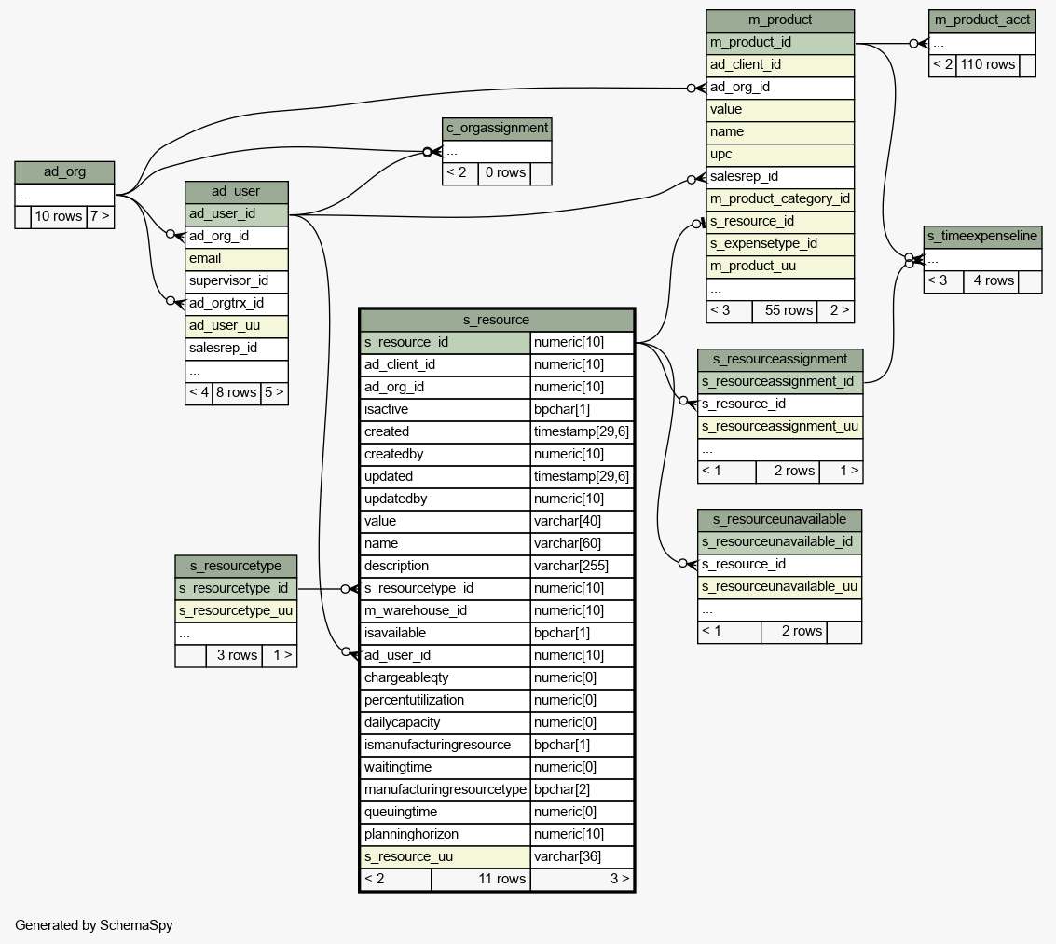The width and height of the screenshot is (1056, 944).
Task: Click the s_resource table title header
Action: (496, 320)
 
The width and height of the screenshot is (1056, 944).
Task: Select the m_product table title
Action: (780, 20)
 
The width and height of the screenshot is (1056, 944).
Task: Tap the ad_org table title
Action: (64, 172)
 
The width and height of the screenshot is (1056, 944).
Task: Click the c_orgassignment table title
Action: (497, 129)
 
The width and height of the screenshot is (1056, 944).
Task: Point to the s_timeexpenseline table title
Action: (981, 236)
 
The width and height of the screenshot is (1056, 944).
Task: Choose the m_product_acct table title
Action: (981, 20)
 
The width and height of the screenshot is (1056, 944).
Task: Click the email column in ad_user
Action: (237, 258)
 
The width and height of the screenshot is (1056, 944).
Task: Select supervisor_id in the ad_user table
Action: (237, 280)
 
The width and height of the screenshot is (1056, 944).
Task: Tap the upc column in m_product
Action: (780, 154)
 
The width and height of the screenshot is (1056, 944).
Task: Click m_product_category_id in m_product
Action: (780, 198)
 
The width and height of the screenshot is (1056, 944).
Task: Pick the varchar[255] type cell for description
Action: (582, 566)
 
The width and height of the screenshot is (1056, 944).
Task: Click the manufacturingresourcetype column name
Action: (446, 789)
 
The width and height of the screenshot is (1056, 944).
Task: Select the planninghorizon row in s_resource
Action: (446, 834)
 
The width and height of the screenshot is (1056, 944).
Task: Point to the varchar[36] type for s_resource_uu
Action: (582, 856)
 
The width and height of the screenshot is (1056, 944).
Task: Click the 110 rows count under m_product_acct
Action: (987, 64)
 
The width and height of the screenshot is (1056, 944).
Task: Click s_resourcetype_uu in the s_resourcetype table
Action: (236, 610)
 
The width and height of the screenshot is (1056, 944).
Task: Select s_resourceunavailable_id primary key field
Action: (779, 541)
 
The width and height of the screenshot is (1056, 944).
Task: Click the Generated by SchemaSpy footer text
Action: (94, 925)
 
